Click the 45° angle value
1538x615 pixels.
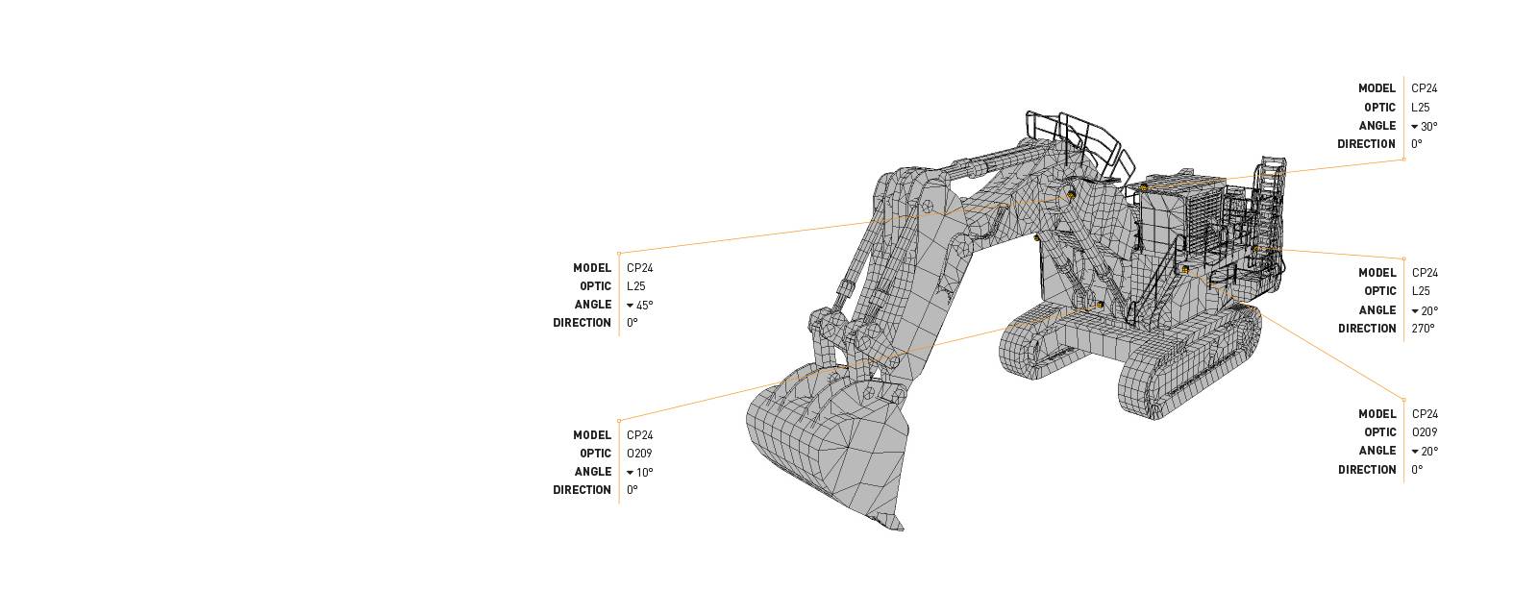[644, 306]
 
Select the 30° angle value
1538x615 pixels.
[1428, 127]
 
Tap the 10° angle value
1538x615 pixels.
[644, 473]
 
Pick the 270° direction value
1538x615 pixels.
[1423, 329]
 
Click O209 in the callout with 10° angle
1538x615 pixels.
[639, 454]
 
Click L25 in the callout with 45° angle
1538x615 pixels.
[635, 286]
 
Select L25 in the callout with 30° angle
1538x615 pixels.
[1420, 108]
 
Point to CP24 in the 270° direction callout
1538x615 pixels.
[1425, 273]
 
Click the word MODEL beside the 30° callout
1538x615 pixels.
[1377, 88]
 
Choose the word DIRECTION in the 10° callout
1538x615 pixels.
[582, 490]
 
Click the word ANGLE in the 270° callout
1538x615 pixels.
[1377, 310]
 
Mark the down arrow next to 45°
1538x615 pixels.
[631, 306]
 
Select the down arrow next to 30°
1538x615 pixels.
[1415, 127]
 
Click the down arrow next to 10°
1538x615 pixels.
[631, 473]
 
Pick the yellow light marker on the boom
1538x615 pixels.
[1071, 195]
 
